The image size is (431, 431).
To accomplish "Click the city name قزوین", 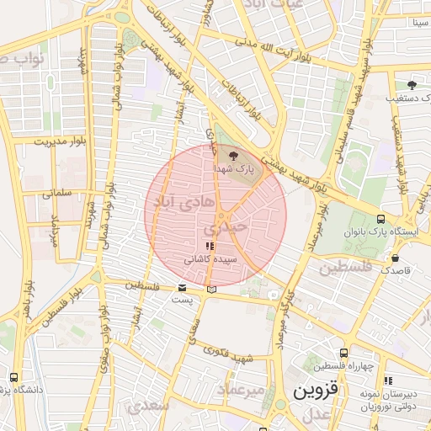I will [x=314, y=392].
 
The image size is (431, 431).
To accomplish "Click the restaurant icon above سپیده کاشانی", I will [x=210, y=245].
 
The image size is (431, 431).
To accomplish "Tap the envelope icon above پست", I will [x=183, y=289].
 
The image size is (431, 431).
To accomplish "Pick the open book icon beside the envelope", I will [x=210, y=290].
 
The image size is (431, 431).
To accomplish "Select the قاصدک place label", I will [x=396, y=271].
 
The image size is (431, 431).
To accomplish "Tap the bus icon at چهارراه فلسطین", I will [x=343, y=353].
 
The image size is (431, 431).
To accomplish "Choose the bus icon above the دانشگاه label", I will [x=13, y=377].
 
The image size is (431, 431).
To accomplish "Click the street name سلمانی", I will [x=58, y=193].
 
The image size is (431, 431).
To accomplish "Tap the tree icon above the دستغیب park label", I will [x=412, y=84].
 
